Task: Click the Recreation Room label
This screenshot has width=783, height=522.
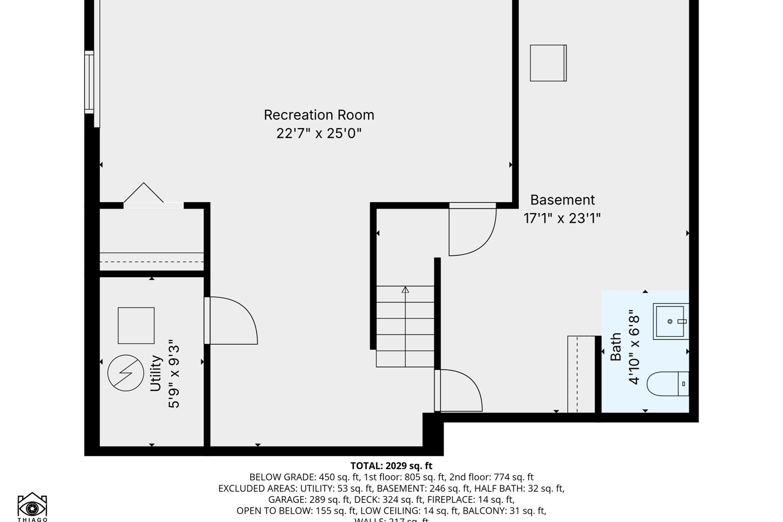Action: [x=319, y=115]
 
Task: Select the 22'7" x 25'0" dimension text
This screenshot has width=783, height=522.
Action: [x=319, y=133]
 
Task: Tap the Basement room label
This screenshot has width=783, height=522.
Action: [x=562, y=200]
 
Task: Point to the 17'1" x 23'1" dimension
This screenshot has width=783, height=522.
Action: [x=562, y=218]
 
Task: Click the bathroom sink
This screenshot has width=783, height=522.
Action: [x=670, y=321]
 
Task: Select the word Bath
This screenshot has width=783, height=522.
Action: [x=616, y=347]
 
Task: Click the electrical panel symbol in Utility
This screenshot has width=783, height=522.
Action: [x=126, y=373]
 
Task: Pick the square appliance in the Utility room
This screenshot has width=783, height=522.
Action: [x=136, y=326]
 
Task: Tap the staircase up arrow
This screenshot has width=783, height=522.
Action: [x=405, y=290]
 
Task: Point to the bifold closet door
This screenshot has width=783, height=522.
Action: [x=144, y=194]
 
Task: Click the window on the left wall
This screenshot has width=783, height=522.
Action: [x=89, y=82]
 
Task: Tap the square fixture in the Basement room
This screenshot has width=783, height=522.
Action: [x=548, y=63]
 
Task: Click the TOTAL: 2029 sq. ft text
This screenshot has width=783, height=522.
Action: [x=391, y=466]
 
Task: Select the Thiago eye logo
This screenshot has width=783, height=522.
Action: [x=32, y=506]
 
